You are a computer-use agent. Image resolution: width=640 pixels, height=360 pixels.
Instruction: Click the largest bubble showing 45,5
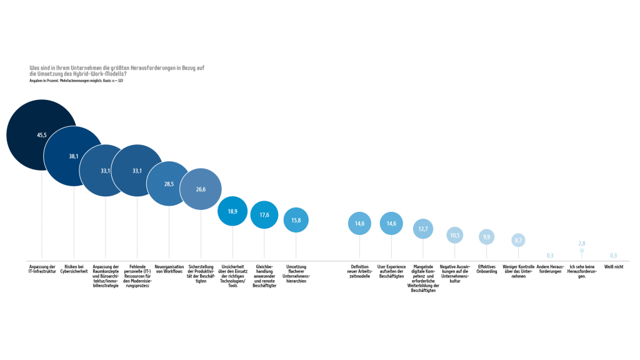click(x=41, y=135)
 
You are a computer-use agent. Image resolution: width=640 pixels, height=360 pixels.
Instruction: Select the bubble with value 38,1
click(x=74, y=156)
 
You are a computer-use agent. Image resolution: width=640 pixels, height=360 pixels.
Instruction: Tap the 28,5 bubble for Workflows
click(x=169, y=184)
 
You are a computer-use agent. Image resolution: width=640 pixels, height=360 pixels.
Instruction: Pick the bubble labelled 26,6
click(x=201, y=189)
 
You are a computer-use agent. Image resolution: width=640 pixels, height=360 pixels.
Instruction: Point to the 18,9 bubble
click(x=232, y=211)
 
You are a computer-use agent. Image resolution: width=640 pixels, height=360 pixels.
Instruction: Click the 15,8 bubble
click(x=296, y=220)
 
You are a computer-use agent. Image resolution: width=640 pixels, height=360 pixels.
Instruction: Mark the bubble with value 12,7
click(x=423, y=229)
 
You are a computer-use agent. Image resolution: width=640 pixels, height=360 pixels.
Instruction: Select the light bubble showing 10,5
click(x=455, y=235)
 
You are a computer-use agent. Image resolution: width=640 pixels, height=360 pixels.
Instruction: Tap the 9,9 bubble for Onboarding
click(x=487, y=236)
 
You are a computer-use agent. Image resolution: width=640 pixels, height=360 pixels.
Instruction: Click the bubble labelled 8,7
click(x=518, y=240)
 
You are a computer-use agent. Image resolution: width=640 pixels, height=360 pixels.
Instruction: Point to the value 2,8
click(x=581, y=243)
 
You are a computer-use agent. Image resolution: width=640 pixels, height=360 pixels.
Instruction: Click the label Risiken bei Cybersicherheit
click(x=74, y=269)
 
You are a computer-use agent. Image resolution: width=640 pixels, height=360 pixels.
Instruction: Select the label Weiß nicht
click(x=613, y=266)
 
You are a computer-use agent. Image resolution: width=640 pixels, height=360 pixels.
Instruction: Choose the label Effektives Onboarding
click(x=487, y=269)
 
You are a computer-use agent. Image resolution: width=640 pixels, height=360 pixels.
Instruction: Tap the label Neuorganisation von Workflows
click(x=169, y=269)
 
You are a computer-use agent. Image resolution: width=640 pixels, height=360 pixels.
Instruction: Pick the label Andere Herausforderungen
click(x=550, y=269)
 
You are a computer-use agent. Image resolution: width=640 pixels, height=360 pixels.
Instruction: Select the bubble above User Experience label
click(x=391, y=224)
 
